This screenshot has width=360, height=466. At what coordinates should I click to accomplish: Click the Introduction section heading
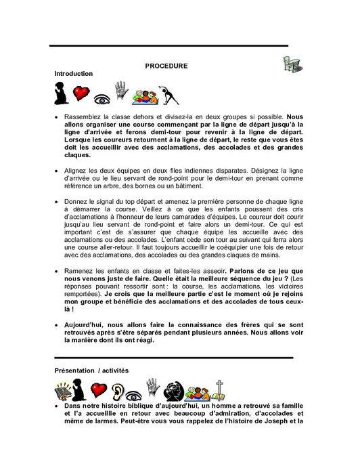[73, 72]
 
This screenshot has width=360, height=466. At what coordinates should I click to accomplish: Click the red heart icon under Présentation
[99, 389]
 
